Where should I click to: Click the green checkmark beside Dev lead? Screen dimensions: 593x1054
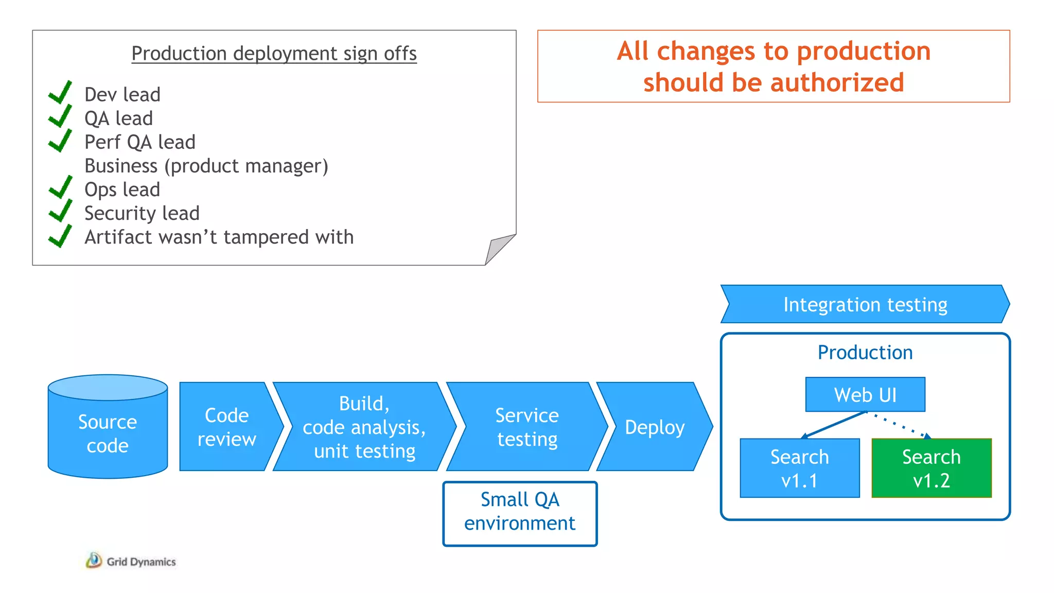point(60,93)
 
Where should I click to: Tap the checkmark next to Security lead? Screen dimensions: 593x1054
point(60,211)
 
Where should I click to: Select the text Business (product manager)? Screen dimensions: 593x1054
point(206,166)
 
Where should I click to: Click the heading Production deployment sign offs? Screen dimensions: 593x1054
point(274,54)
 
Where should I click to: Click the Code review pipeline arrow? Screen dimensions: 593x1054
point(226,427)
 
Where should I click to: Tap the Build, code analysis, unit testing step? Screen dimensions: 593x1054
point(364,427)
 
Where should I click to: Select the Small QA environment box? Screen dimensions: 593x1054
point(520,513)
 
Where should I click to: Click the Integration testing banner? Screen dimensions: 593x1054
point(865,304)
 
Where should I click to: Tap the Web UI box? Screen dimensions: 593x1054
point(865,395)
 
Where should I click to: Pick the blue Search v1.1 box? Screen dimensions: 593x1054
point(799,468)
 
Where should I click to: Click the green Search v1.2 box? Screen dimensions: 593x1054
point(932,468)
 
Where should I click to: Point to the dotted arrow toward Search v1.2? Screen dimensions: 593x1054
point(901,425)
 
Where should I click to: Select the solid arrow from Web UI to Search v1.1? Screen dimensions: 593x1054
point(834,425)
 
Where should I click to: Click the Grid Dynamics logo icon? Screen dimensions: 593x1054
point(94,560)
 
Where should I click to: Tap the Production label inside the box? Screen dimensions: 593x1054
point(865,353)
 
